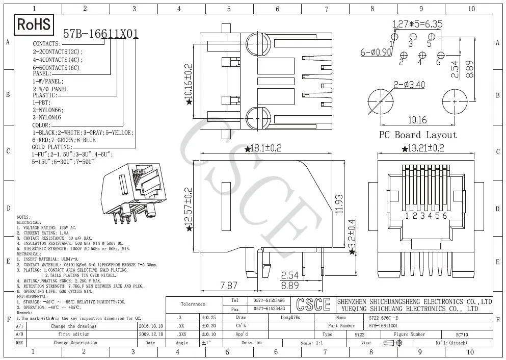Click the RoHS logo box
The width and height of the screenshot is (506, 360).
pyautogui.click(x=34, y=24)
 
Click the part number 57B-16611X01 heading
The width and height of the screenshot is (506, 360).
pyautogui.click(x=100, y=34)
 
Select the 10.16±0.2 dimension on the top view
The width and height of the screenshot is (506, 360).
pyautogui.click(x=189, y=82)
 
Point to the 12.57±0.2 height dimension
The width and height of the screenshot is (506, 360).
pyautogui.click(x=189, y=208)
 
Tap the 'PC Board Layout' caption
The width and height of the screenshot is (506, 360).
pyautogui.click(x=417, y=135)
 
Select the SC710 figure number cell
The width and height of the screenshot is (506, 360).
pyautogui.click(x=462, y=335)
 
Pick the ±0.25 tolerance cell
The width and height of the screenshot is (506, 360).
pyautogui.click(x=209, y=317)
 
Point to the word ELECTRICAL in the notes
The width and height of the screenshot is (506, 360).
pyautogui.click(x=29, y=223)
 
